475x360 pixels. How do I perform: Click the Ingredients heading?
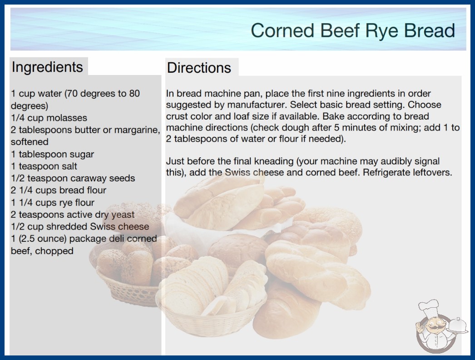click(47, 67)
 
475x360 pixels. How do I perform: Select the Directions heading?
click(199, 68)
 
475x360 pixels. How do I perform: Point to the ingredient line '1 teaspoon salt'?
click(44, 166)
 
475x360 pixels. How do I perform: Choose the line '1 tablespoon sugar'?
click(52, 154)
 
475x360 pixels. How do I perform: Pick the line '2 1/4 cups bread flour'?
click(59, 190)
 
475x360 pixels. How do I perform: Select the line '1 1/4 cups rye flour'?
click(53, 202)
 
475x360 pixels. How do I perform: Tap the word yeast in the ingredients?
click(123, 215)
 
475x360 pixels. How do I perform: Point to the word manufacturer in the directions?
click(256, 105)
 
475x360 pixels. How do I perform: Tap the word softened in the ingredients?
click(30, 142)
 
